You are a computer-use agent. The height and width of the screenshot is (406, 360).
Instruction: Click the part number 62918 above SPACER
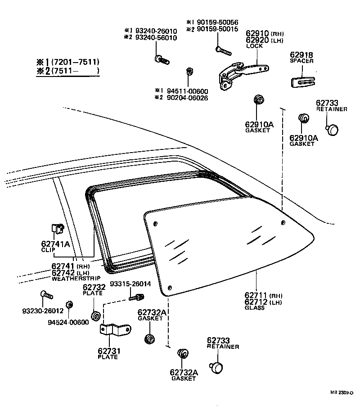[x=301, y=55]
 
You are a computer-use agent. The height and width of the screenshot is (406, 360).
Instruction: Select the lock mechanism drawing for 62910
[x=243, y=72]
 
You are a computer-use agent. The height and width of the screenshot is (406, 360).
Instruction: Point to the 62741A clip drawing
[x=57, y=231]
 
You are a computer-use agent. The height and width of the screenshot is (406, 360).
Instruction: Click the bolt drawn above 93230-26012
[x=46, y=295]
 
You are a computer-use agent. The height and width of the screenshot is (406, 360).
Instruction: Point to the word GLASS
[x=255, y=308]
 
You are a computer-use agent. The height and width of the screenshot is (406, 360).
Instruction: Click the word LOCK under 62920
[x=255, y=46]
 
